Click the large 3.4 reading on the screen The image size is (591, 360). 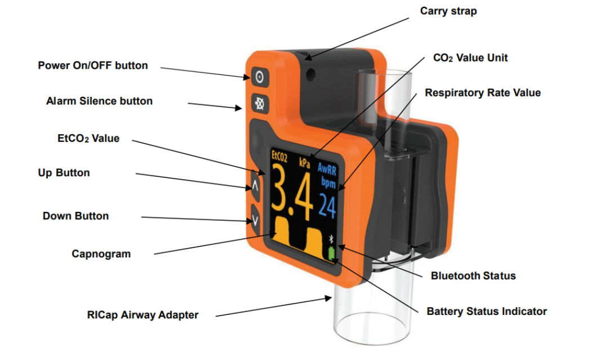[292, 194]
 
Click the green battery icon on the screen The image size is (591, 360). [331, 255]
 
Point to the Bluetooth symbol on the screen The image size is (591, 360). [331, 239]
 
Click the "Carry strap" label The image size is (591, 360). [448, 11]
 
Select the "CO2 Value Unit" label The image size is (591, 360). [470, 57]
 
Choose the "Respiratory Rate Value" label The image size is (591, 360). [483, 93]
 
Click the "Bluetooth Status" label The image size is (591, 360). [473, 275]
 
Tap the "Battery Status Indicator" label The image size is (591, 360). [487, 311]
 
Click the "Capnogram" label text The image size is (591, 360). [101, 254]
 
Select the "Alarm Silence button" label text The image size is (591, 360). [99, 101]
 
